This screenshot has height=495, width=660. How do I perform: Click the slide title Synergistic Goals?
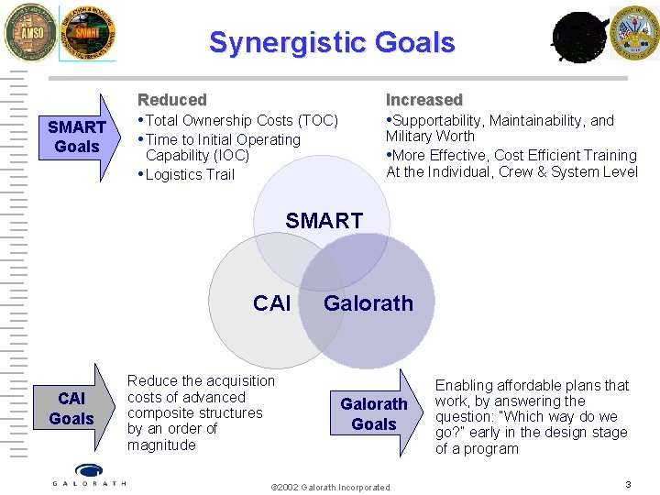332,42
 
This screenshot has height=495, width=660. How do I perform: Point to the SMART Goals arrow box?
77,137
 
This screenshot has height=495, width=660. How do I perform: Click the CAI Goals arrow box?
71,409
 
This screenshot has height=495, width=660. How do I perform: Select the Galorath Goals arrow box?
374,413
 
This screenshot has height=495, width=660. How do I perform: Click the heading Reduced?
172,100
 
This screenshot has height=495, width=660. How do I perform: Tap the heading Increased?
423,100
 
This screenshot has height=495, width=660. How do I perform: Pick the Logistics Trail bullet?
189,175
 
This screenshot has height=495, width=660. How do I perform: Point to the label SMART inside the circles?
324,221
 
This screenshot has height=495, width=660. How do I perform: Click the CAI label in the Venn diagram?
271,303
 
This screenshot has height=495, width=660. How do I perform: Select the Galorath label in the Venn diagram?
368,303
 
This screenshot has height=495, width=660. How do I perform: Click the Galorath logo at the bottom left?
89,475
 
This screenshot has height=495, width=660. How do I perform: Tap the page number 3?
628,484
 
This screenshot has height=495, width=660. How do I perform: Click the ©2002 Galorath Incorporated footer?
331,487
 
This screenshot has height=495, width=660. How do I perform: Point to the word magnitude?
161,445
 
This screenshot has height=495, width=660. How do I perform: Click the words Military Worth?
430,137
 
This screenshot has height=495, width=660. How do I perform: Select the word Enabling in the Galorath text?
464,386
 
